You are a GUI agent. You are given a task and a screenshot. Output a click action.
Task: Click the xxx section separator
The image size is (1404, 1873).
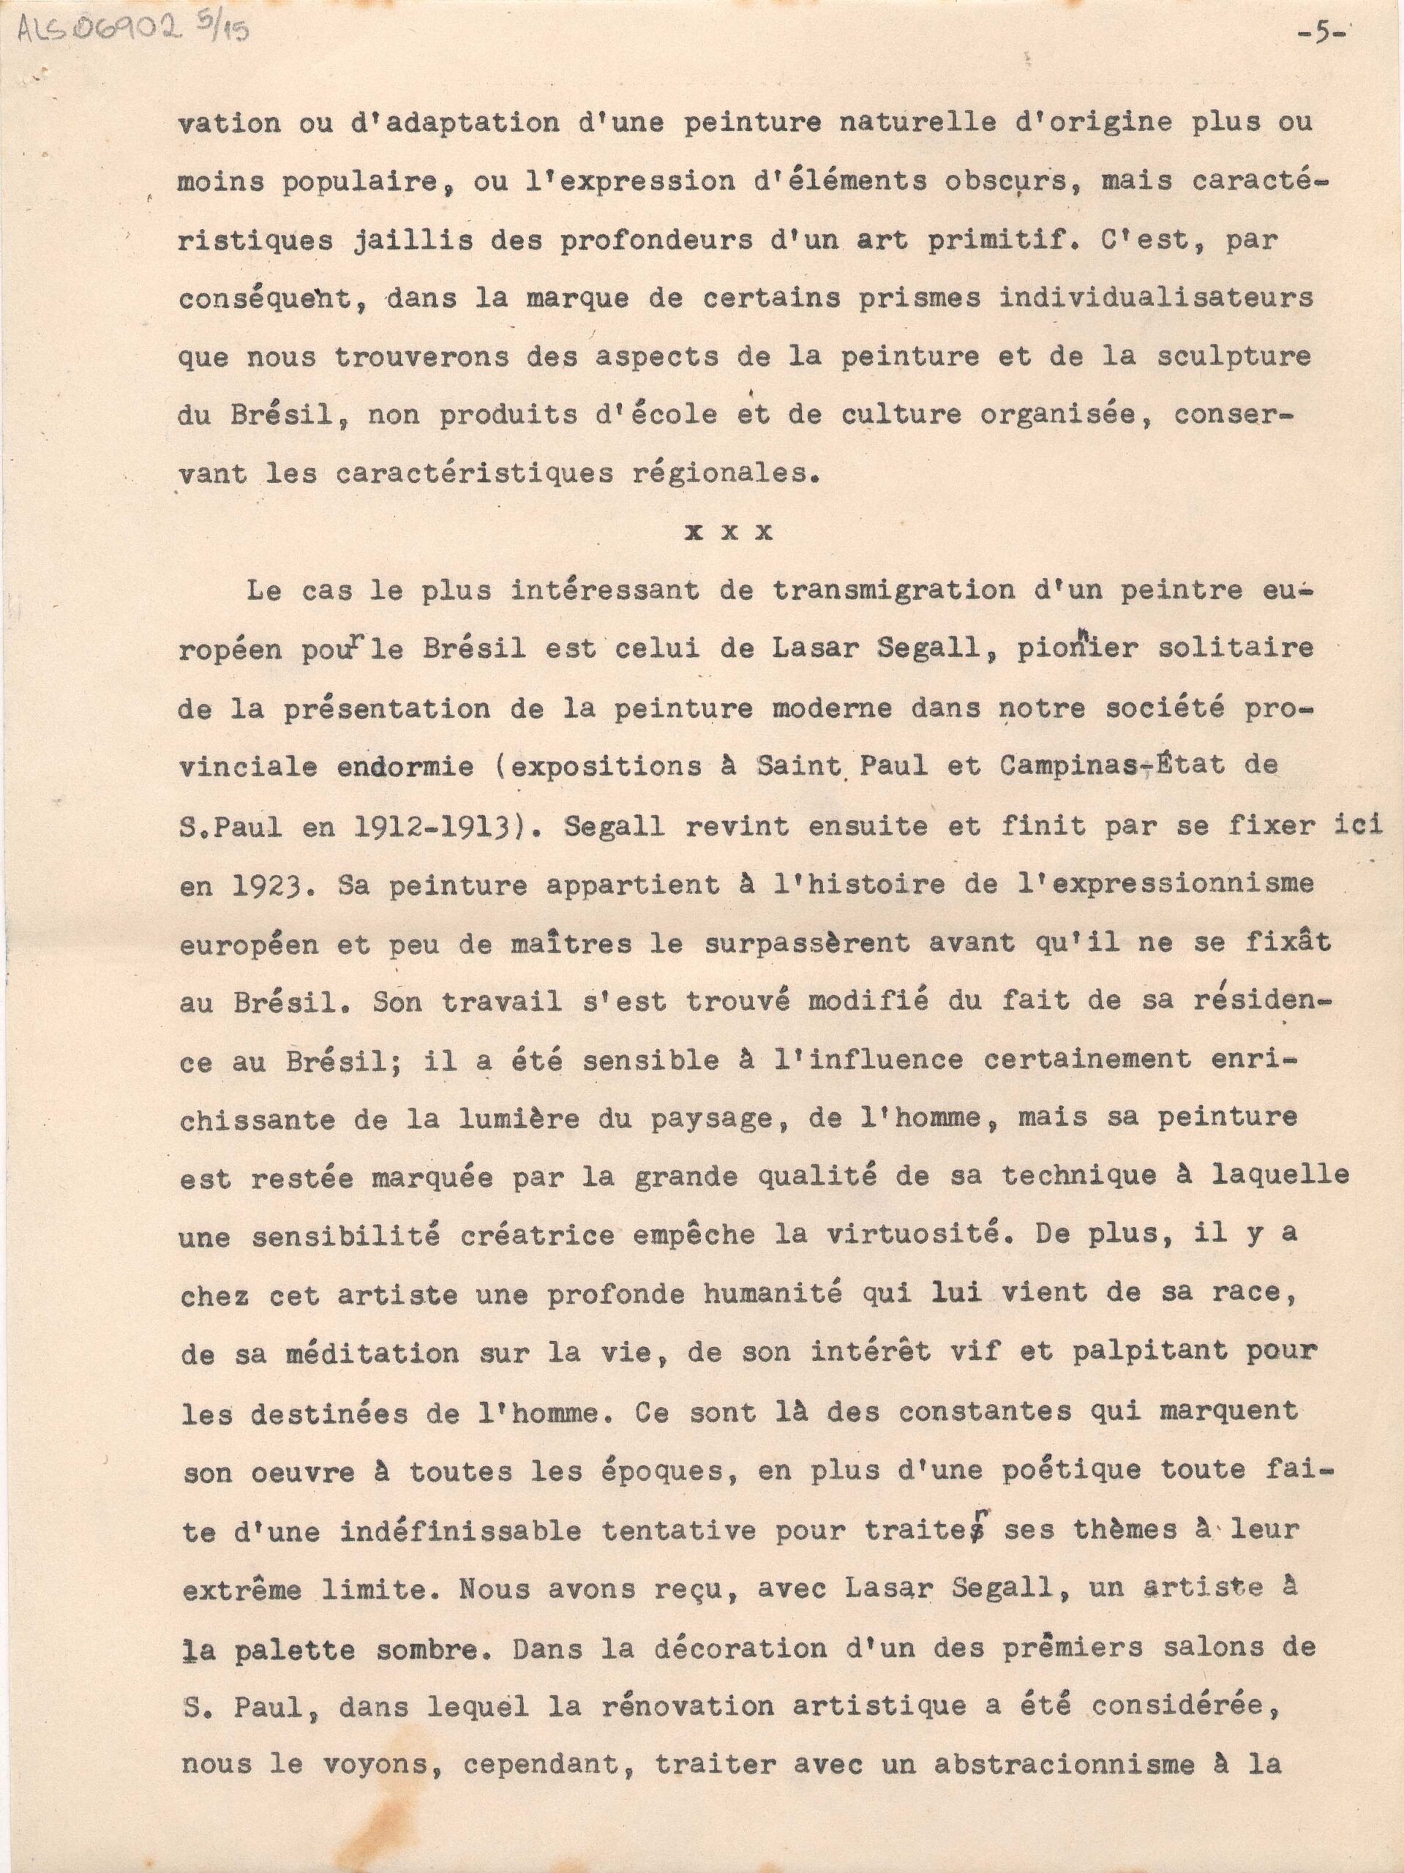click(730, 533)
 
